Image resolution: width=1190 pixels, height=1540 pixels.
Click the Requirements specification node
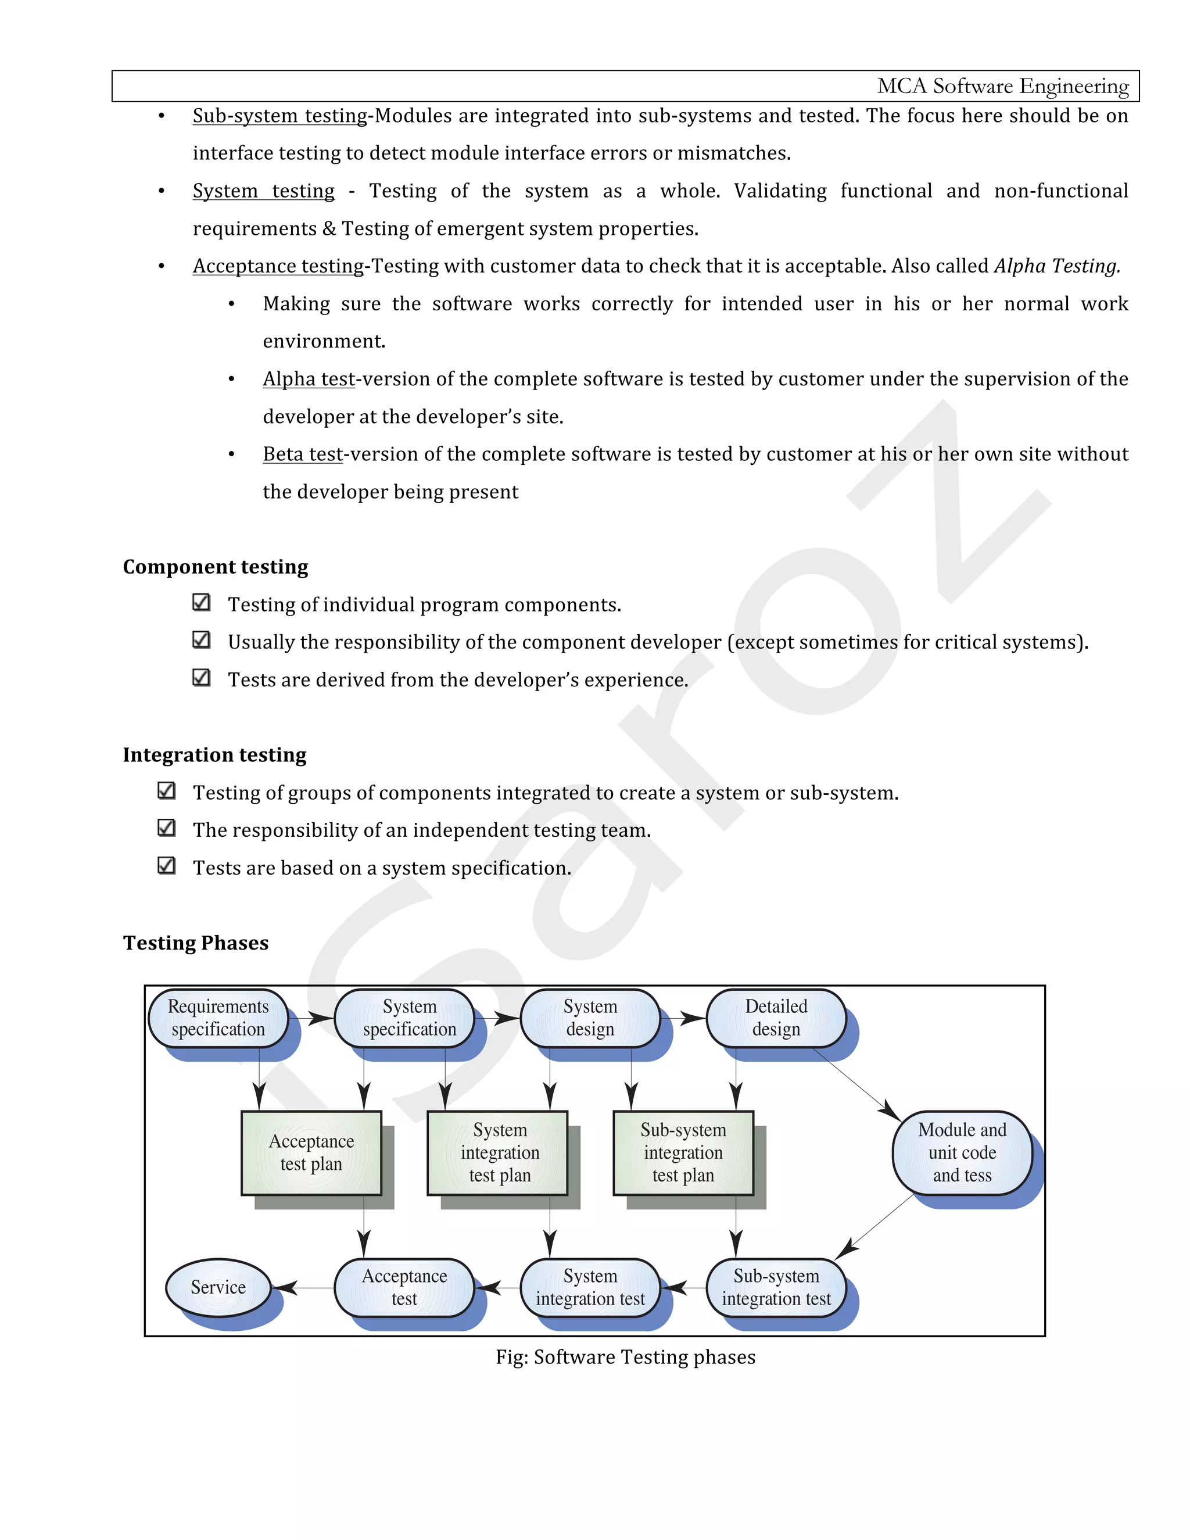(x=218, y=1018)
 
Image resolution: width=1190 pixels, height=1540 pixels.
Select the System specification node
(x=409, y=1018)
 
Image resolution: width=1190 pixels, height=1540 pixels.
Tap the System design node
(x=590, y=1018)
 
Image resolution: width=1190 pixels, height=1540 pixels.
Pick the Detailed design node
(x=776, y=1018)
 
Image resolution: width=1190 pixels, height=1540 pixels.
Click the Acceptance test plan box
(x=311, y=1152)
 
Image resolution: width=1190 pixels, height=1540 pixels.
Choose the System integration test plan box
(x=499, y=1152)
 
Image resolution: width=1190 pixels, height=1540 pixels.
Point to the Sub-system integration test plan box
(x=683, y=1152)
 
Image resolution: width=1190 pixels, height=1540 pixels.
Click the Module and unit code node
(x=962, y=1152)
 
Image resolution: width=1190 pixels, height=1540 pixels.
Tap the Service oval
(x=218, y=1288)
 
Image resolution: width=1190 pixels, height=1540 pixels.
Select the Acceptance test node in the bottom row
(x=404, y=1288)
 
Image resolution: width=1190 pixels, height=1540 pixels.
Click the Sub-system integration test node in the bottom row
(x=776, y=1288)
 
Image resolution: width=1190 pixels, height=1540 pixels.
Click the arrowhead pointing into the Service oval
(x=284, y=1288)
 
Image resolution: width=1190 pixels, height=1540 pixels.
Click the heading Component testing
(x=216, y=567)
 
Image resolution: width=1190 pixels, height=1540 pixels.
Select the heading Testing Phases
(x=196, y=943)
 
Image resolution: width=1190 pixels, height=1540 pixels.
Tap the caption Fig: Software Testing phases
(x=625, y=1357)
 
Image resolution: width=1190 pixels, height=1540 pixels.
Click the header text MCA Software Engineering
(x=1002, y=86)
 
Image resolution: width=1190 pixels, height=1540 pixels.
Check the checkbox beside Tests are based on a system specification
(x=166, y=865)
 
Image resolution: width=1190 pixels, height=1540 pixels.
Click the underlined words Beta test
(x=303, y=454)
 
